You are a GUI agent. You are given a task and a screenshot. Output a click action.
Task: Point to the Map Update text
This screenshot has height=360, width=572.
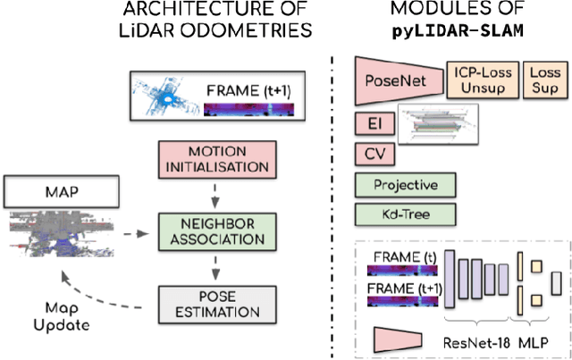click(63, 315)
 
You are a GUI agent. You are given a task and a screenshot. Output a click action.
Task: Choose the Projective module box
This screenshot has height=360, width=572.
click(406, 185)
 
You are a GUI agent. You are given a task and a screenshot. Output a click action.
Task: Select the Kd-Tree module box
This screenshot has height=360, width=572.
click(406, 215)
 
